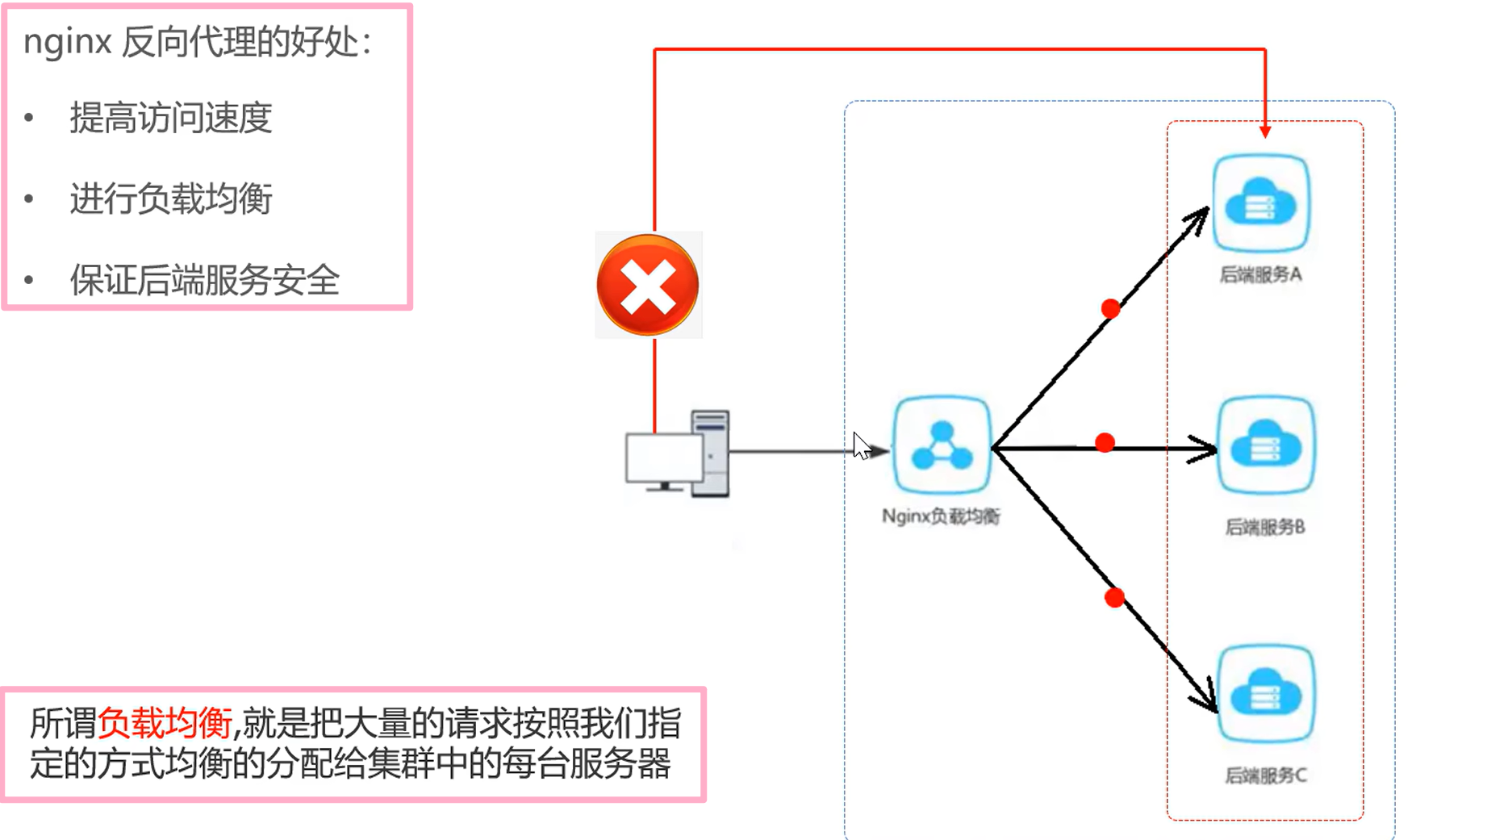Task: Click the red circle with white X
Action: (x=648, y=285)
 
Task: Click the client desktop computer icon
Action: (x=678, y=454)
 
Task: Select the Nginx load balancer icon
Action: (x=942, y=445)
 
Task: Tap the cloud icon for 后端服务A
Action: (x=1261, y=203)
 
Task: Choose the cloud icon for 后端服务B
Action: (x=1265, y=445)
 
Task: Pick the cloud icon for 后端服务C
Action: (x=1265, y=694)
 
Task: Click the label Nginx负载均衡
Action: (x=941, y=516)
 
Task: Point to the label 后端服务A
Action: (x=1260, y=275)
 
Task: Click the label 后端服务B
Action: (x=1264, y=527)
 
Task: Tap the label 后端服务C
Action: (x=1265, y=775)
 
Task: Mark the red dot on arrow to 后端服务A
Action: (x=1110, y=308)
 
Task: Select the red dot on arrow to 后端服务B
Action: (x=1105, y=442)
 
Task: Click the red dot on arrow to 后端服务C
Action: (x=1114, y=597)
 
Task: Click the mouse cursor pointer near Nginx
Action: (x=861, y=445)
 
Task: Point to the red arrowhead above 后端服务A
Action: (x=1265, y=131)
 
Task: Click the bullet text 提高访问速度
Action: (x=171, y=119)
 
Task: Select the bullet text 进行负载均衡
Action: (x=171, y=199)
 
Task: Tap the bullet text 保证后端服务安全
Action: (x=205, y=281)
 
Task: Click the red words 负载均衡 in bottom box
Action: (x=165, y=723)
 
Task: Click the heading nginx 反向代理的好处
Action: (x=198, y=42)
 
